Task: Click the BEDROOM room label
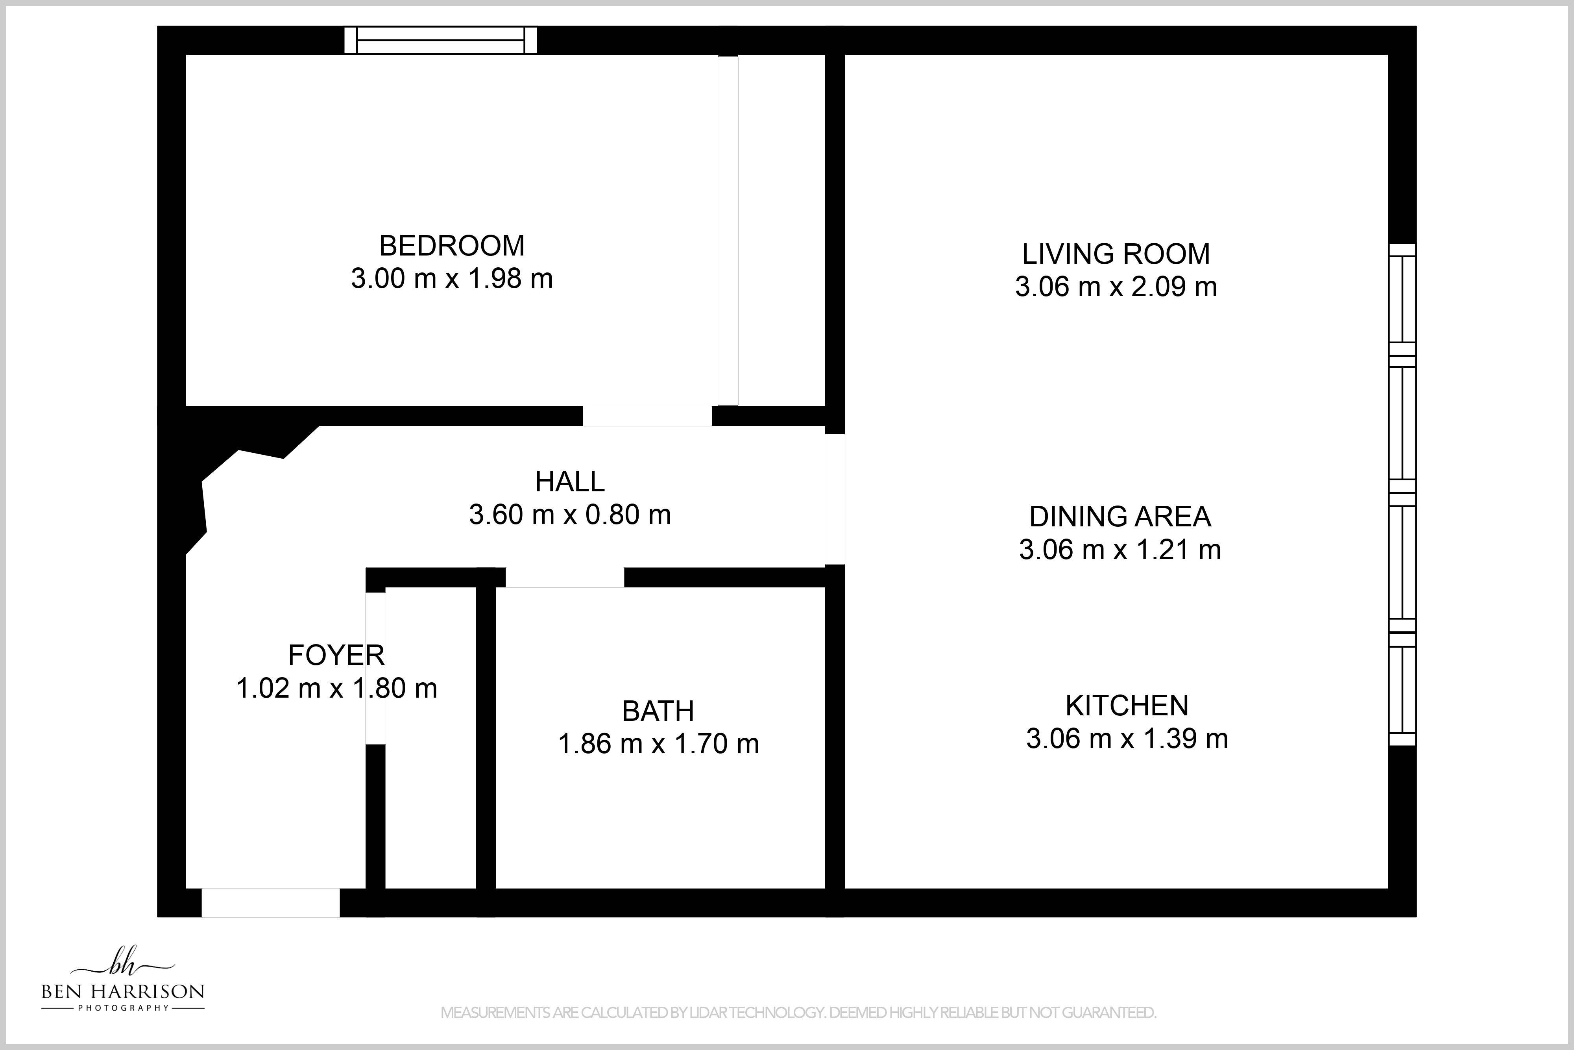click(452, 246)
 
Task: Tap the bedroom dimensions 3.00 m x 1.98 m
click(452, 279)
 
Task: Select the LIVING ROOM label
click(1116, 254)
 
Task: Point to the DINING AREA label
click(1120, 516)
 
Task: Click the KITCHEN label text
click(1127, 705)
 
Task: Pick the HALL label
click(569, 481)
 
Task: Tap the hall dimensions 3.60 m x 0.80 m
click(569, 514)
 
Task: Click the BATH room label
click(658, 711)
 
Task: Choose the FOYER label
click(336, 655)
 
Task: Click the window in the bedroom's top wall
click(440, 40)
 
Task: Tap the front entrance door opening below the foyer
click(270, 903)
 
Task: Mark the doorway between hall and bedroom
click(647, 416)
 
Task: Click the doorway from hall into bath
click(565, 577)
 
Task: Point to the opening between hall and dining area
click(835, 499)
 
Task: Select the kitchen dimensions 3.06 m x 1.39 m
click(1127, 739)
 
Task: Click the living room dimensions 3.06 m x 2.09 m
click(1116, 287)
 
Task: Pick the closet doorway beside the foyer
click(375, 668)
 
